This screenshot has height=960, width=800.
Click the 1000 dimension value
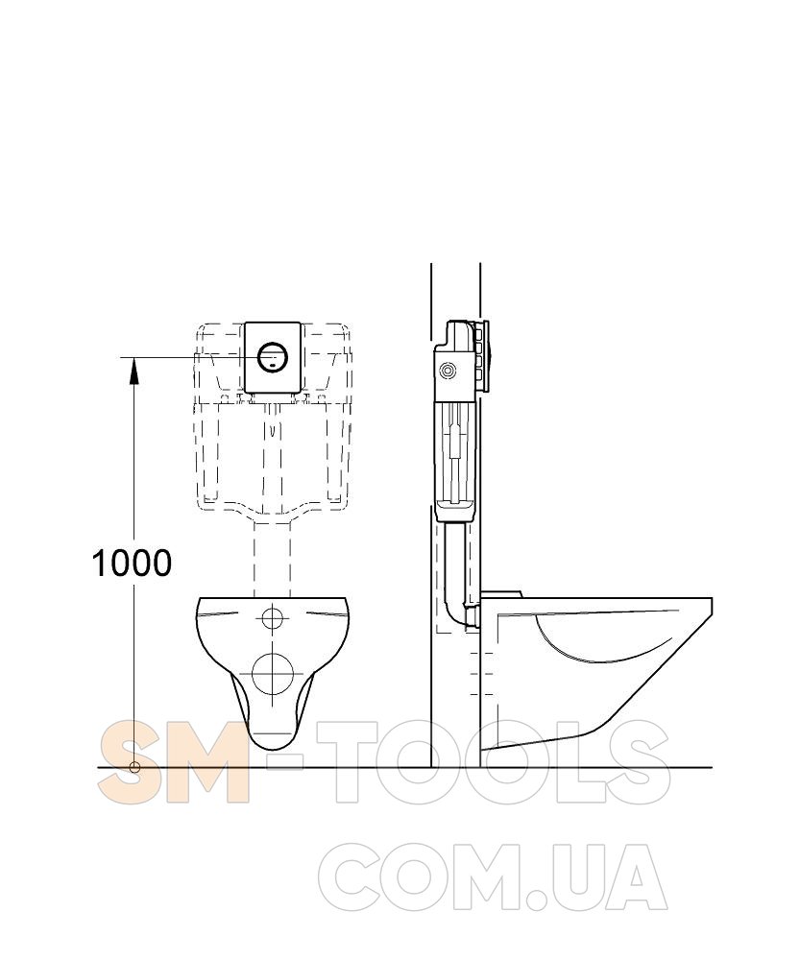(132, 563)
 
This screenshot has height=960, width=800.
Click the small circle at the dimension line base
(134, 767)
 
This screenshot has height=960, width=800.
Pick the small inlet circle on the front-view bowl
(273, 618)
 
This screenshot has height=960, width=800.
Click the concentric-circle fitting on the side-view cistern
(448, 371)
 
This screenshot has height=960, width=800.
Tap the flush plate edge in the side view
(486, 357)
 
